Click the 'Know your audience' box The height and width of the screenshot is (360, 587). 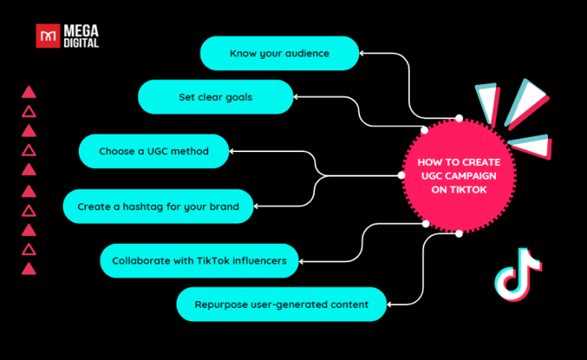[280, 54]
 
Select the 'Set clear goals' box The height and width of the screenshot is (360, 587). [216, 97]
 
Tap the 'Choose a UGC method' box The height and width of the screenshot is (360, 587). [154, 151]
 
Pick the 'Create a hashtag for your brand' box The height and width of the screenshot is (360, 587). [157, 206]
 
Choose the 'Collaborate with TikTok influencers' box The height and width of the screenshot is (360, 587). [199, 261]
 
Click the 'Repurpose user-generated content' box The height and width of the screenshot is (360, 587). [282, 304]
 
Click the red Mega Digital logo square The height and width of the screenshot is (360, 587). [48, 36]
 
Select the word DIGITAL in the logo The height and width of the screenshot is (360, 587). [82, 43]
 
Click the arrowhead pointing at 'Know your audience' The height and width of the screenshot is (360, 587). [363, 54]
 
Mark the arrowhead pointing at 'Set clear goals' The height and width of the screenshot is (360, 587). [298, 97]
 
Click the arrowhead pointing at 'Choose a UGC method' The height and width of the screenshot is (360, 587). [234, 151]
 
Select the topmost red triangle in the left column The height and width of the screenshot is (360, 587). [29, 92]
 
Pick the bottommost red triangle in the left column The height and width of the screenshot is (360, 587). [29, 268]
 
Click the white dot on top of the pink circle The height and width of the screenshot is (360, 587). [459, 118]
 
